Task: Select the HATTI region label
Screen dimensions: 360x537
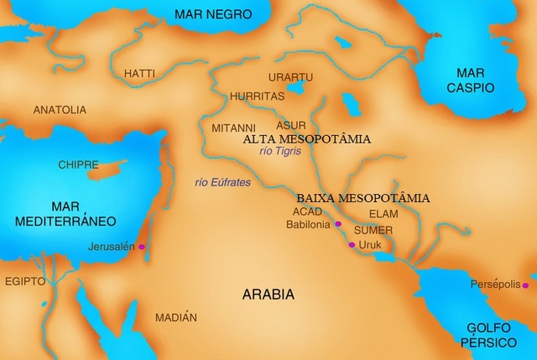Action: pos(139,74)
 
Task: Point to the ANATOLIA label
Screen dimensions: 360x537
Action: pos(60,110)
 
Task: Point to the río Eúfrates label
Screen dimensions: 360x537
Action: pos(222,180)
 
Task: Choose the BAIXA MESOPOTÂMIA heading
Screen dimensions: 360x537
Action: pos(363,199)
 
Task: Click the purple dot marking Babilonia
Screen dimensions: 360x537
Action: pos(338,224)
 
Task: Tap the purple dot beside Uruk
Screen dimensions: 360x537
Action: pos(351,245)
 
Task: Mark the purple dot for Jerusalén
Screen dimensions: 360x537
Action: pos(142,247)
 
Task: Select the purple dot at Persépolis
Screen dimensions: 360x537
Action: pos(525,285)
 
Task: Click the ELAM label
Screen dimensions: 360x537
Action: pos(383,214)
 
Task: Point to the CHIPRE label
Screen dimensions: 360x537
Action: pos(79,164)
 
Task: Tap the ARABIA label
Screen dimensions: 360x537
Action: pos(268,295)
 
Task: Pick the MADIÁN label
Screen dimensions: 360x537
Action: pos(175,318)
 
